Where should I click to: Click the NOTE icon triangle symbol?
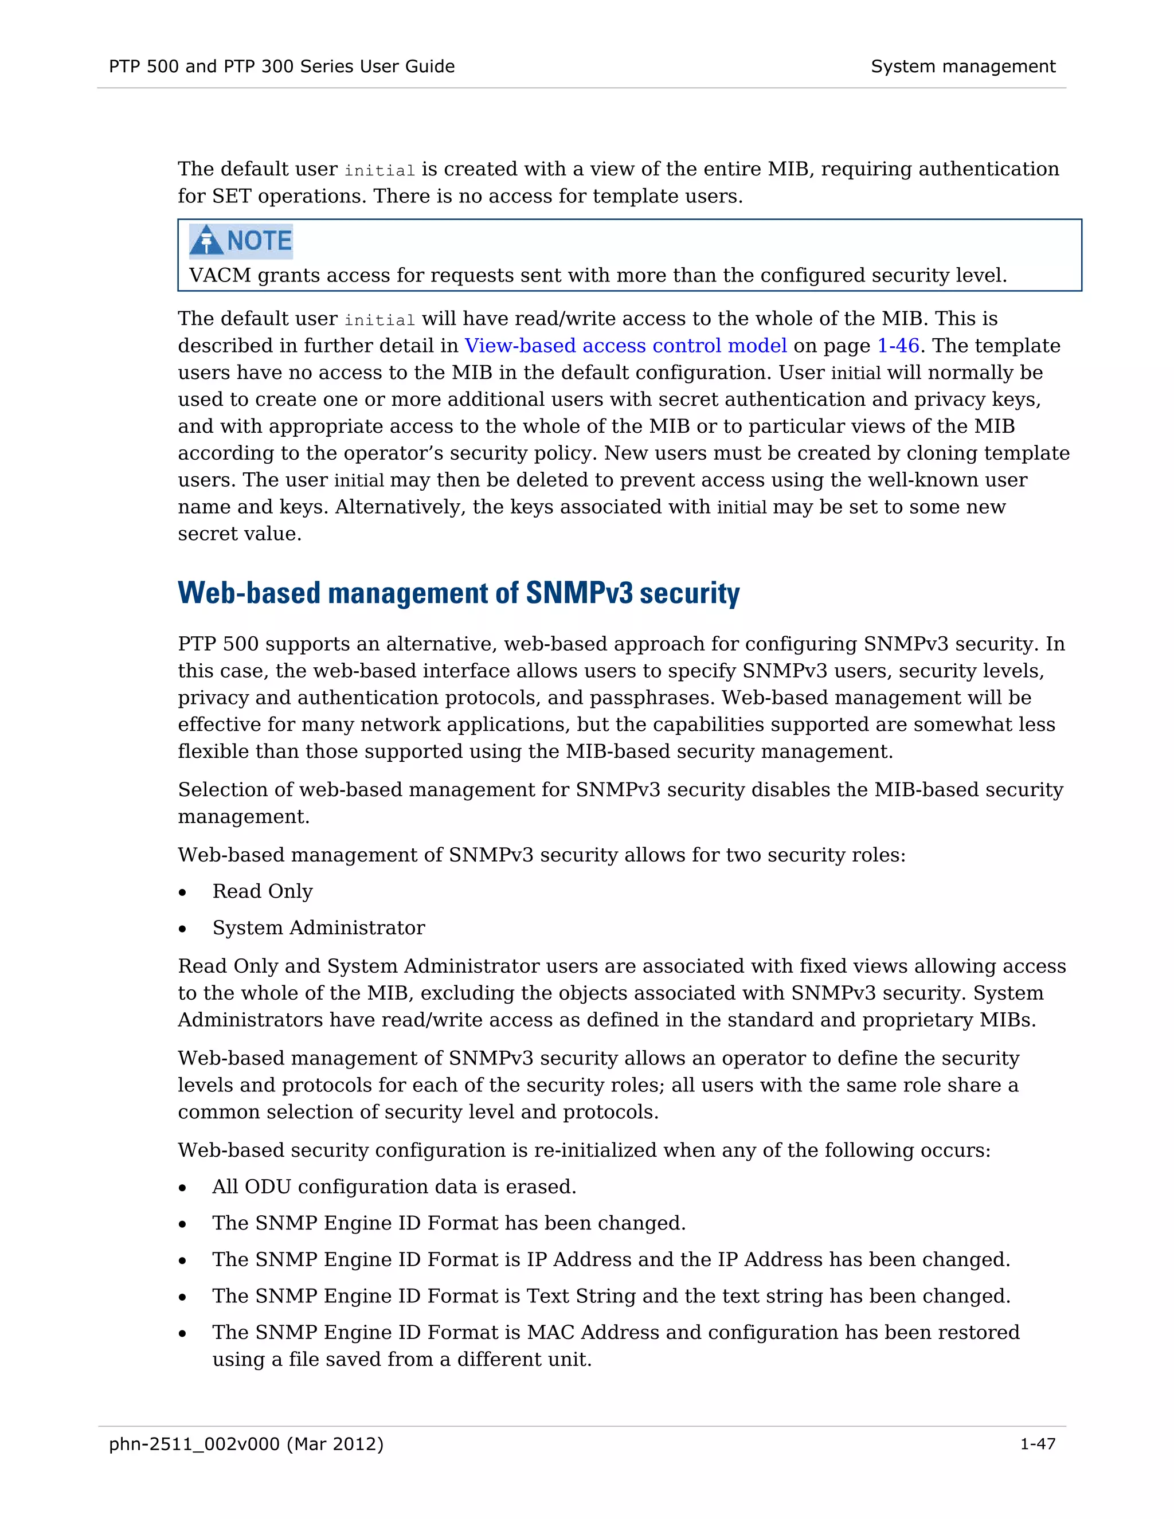click(x=206, y=241)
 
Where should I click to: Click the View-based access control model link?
click(x=625, y=346)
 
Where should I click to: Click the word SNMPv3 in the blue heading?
click(x=580, y=593)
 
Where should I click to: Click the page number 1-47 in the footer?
click(x=1037, y=1444)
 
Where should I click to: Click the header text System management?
click(x=962, y=66)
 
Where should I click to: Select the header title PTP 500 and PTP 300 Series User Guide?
click(x=281, y=66)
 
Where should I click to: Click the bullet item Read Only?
click(x=262, y=892)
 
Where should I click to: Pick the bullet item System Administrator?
click(x=319, y=928)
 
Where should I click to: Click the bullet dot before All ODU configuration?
click(x=183, y=1188)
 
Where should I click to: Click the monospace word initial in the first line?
click(x=379, y=170)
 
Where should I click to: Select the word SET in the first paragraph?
click(x=231, y=196)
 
